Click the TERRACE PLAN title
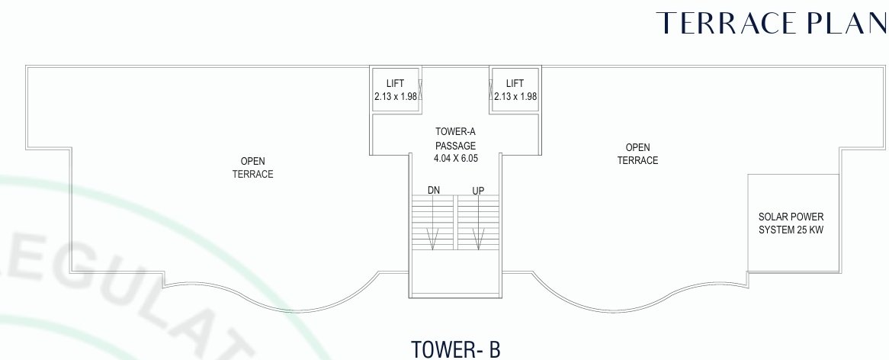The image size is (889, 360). click(x=770, y=24)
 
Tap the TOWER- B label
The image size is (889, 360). click(x=455, y=349)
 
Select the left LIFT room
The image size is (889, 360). click(x=395, y=89)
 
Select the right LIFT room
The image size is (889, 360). click(x=515, y=89)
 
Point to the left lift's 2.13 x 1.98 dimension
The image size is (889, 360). click(x=395, y=97)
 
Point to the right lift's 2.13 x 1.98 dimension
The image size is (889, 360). click(x=515, y=97)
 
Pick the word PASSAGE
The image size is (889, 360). click(x=455, y=146)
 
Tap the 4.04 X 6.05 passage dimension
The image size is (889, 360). click(x=455, y=158)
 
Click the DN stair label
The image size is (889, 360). click(x=433, y=188)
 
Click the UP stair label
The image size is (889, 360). click(x=478, y=188)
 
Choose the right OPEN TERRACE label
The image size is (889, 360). click(x=637, y=153)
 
